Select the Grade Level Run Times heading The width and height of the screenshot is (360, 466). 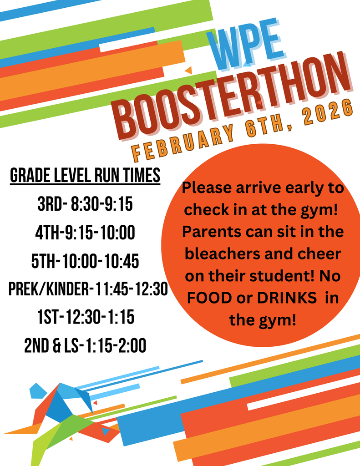(x=85, y=175)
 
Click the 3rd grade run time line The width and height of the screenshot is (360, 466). (x=85, y=204)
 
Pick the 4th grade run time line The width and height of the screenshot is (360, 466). (x=85, y=233)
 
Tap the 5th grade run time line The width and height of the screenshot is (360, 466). (x=85, y=262)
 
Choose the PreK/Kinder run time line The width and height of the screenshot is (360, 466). (x=88, y=289)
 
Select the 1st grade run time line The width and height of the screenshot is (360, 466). (x=86, y=318)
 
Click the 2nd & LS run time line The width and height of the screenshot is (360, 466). (x=85, y=346)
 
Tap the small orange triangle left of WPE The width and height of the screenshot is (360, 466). (x=188, y=70)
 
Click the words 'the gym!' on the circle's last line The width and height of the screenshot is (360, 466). (x=263, y=320)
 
